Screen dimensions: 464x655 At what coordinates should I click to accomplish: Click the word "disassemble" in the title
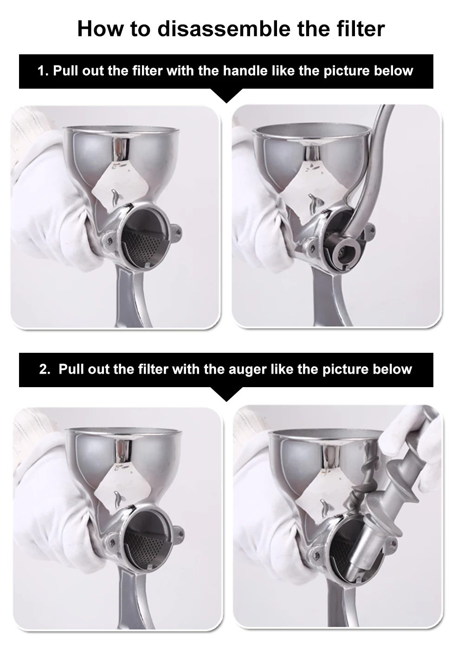(224, 29)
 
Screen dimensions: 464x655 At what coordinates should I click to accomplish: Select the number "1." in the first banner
(43, 71)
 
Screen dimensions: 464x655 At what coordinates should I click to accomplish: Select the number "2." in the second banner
(45, 370)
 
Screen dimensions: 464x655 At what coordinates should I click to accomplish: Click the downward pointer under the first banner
(226, 96)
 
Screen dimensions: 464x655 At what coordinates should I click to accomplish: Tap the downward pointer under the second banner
(226, 394)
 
